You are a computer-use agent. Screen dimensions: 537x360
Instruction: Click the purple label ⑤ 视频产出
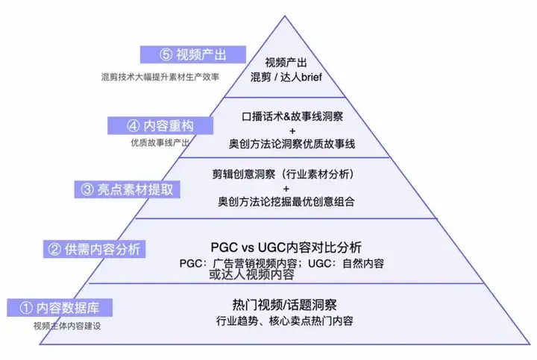pos(193,54)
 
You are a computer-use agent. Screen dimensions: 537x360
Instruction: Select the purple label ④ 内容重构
pos(160,125)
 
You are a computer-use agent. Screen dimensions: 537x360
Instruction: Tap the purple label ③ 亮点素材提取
pos(127,189)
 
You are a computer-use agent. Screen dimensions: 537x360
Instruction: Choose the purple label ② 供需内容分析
pos(94,249)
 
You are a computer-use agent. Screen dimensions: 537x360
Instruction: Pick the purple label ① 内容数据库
pos(60,308)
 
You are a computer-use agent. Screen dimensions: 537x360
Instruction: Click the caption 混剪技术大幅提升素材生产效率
pos(160,77)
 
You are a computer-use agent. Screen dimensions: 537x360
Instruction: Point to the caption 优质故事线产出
pos(160,142)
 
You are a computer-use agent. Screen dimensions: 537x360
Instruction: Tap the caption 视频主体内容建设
pos(67,326)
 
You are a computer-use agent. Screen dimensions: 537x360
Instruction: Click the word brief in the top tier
pos(312,77)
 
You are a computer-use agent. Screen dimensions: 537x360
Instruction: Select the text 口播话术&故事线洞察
pos(292,117)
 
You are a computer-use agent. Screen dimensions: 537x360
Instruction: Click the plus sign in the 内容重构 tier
pos(292,130)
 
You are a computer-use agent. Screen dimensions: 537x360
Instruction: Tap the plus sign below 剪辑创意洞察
pos(286,189)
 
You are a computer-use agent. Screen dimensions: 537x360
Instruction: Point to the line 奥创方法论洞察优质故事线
pos(292,144)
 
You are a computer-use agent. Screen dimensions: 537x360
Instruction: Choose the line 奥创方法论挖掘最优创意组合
pos(286,201)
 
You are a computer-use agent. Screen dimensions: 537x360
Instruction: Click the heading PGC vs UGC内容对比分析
pos(286,247)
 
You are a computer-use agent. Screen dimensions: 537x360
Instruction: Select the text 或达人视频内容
pos(252,274)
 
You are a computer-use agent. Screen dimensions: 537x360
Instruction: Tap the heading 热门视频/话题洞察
pos(284,305)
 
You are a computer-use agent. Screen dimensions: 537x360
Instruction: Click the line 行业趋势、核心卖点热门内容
pos(285,321)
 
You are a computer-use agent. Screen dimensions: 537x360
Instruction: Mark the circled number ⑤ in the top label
pos(166,54)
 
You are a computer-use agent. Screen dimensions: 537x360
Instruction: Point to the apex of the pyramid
pos(285,16)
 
